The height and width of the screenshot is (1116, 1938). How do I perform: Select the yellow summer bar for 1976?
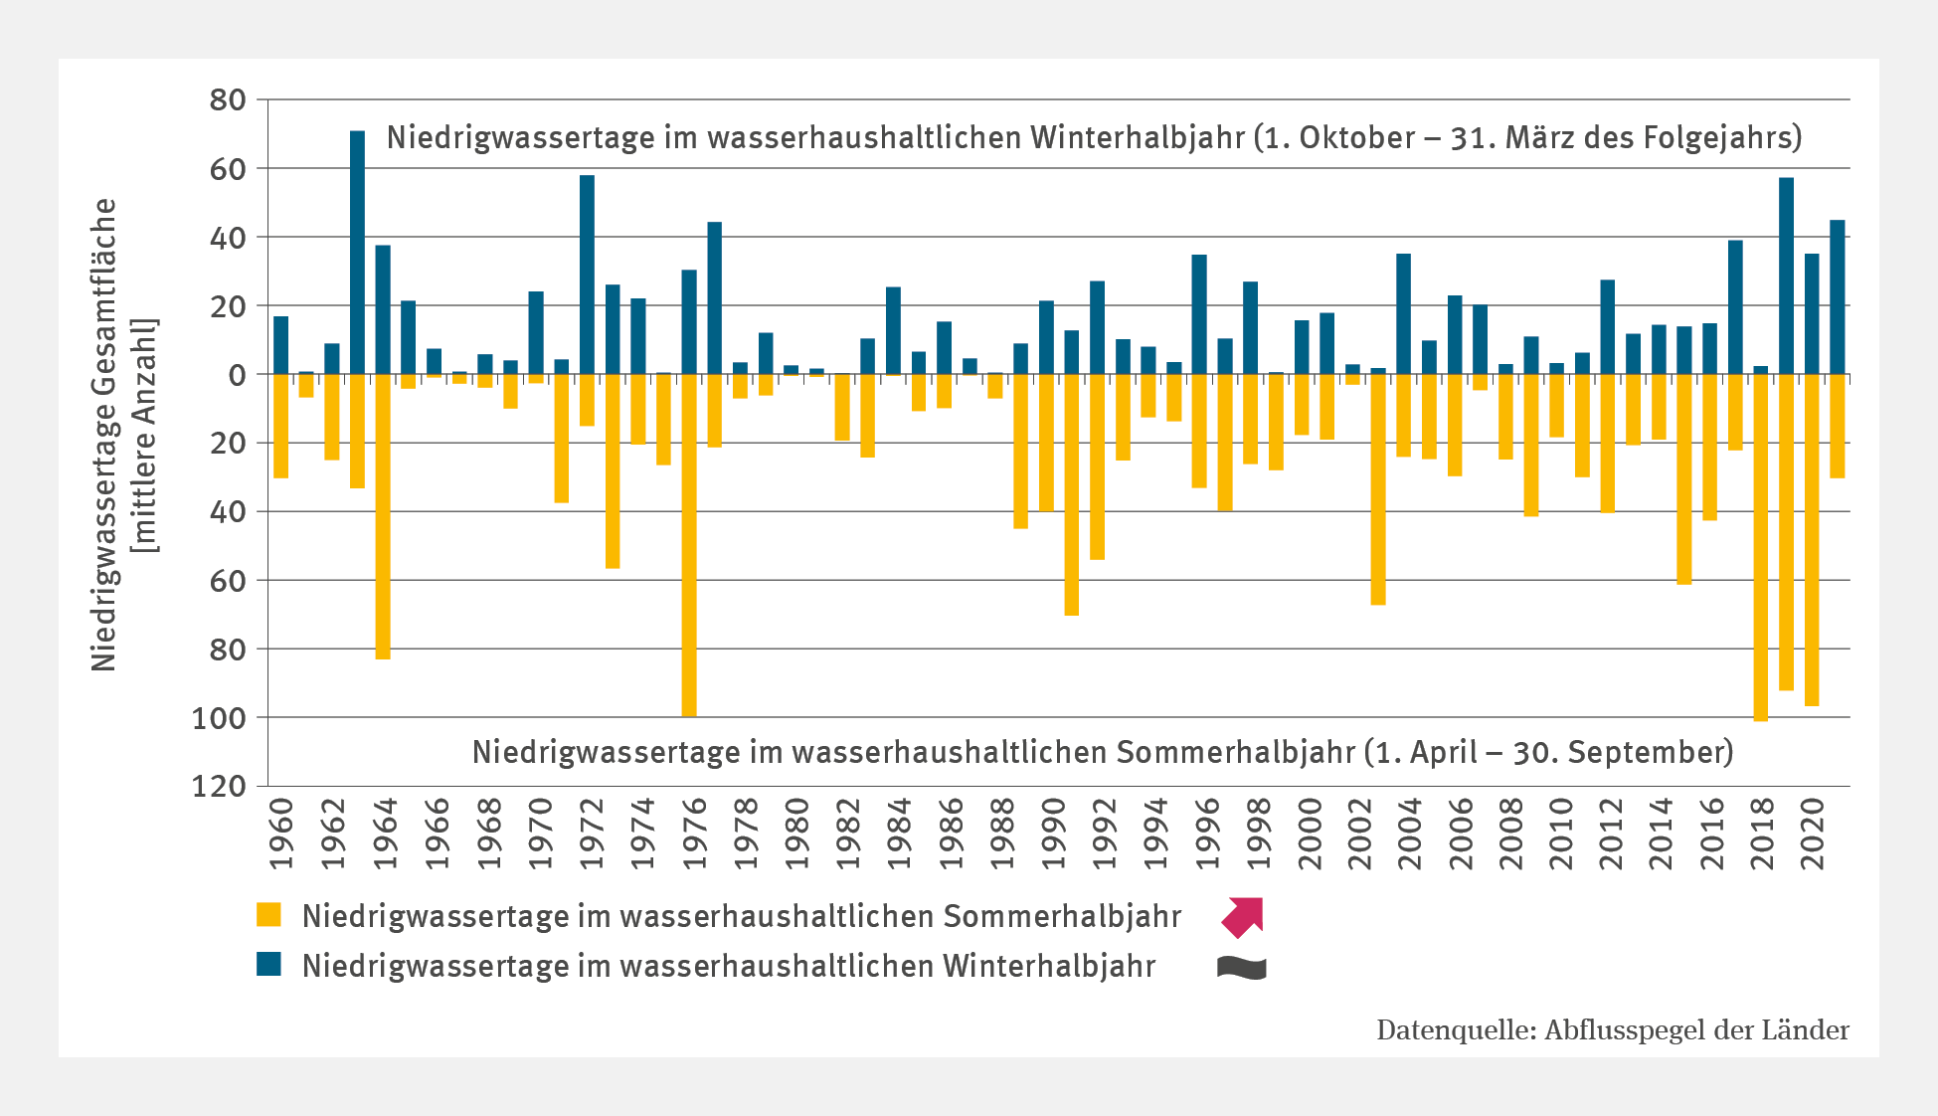click(x=689, y=544)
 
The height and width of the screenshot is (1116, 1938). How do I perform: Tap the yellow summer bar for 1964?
click(x=383, y=516)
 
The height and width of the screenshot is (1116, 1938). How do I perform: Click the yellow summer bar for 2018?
click(x=1761, y=547)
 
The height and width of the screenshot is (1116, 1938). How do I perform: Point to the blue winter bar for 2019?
click(x=1786, y=276)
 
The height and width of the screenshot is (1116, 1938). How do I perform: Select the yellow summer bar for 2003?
click(x=1378, y=488)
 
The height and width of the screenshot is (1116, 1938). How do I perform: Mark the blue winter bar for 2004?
click(x=1403, y=314)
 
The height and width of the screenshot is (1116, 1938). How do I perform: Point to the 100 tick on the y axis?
click(x=218, y=718)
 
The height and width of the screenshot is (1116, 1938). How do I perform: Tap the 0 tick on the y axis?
click(x=237, y=375)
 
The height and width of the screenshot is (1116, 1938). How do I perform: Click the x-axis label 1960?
click(x=282, y=834)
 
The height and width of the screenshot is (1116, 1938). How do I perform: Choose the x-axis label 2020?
click(x=1813, y=834)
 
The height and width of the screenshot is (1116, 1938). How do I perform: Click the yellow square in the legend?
click(x=268, y=915)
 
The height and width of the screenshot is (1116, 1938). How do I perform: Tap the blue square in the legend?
click(x=268, y=965)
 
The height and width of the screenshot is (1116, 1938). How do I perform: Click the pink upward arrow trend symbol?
click(x=1243, y=916)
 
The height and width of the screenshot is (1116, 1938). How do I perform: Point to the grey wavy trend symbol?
click(x=1242, y=968)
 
